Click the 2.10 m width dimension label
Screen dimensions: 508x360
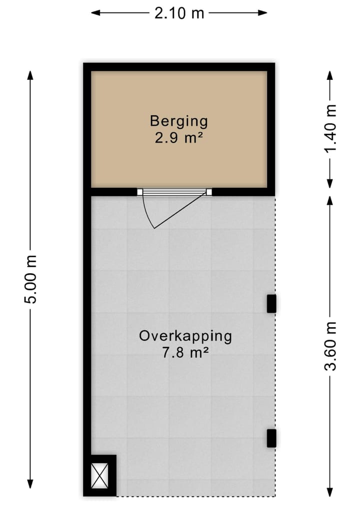[179, 13]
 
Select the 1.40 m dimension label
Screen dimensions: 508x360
[329, 129]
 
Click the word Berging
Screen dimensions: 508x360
[178, 121]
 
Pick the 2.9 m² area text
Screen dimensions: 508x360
[178, 137]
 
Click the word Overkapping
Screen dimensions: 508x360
[185, 336]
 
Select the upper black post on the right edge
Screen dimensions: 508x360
[271, 304]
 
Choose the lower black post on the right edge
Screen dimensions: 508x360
[271, 438]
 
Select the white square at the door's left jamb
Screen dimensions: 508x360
[140, 191]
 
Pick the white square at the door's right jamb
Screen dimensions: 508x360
[209, 191]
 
